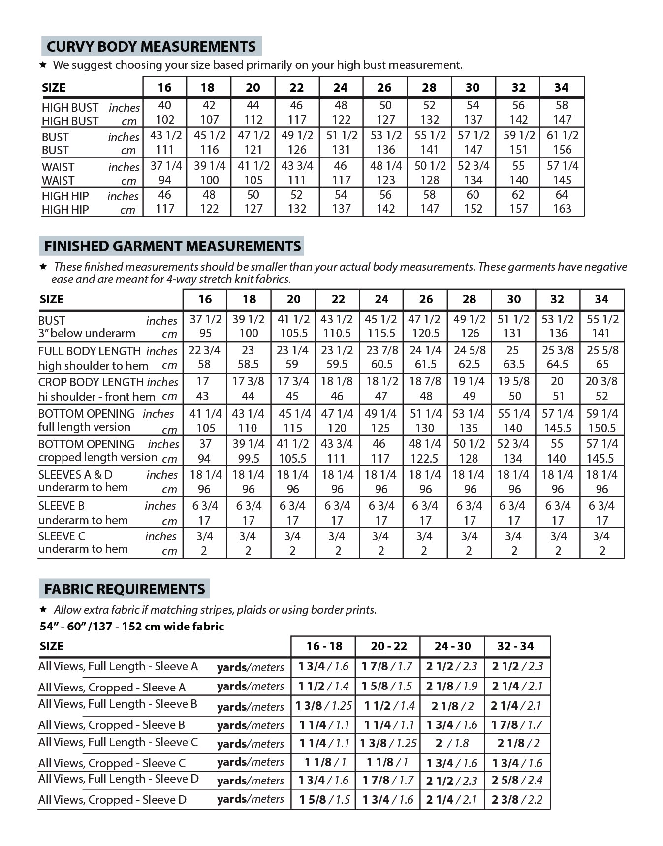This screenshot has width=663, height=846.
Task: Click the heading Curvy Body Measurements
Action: (151, 46)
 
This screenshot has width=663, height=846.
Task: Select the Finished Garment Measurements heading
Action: (172, 246)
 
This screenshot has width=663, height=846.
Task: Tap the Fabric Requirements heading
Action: (125, 589)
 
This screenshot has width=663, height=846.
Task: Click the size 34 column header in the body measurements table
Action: (561, 87)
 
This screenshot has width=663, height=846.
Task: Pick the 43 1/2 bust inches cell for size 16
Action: (165, 135)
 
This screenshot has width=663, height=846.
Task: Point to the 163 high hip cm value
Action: (562, 209)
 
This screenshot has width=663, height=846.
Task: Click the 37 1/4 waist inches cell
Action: (165, 166)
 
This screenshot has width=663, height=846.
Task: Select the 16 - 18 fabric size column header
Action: (324, 646)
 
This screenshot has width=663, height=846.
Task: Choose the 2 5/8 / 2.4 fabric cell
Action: (517, 780)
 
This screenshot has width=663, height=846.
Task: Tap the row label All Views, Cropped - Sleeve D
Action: (112, 800)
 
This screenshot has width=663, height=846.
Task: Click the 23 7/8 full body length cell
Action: (381, 350)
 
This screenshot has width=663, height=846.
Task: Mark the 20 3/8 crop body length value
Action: (601, 381)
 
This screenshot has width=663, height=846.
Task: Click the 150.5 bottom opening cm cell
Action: (602, 428)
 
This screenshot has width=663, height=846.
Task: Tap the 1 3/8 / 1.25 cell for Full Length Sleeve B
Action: (324, 706)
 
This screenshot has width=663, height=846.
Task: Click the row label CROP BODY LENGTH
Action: (91, 382)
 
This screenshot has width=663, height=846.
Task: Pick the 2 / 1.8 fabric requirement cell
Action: (452, 743)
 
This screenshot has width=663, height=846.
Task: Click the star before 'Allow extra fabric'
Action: (43, 609)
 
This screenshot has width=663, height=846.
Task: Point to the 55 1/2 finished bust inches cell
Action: (602, 319)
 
